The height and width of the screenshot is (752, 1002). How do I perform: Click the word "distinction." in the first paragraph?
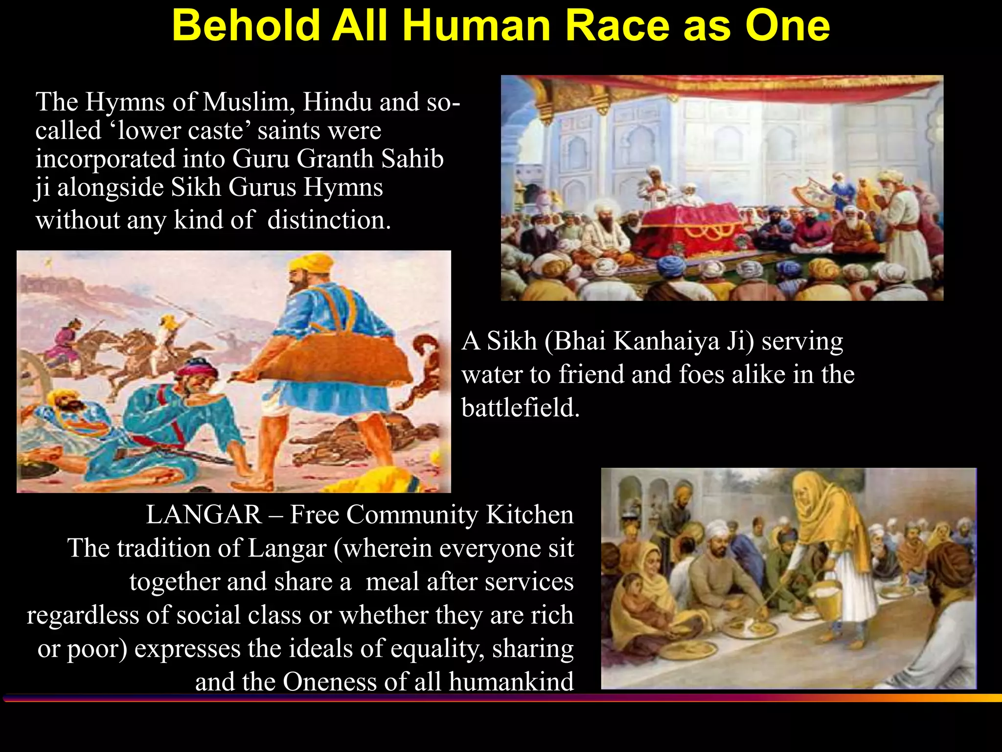point(329,220)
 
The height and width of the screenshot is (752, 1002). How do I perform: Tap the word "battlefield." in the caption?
point(520,407)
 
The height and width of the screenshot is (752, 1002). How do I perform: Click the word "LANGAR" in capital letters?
point(204,515)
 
